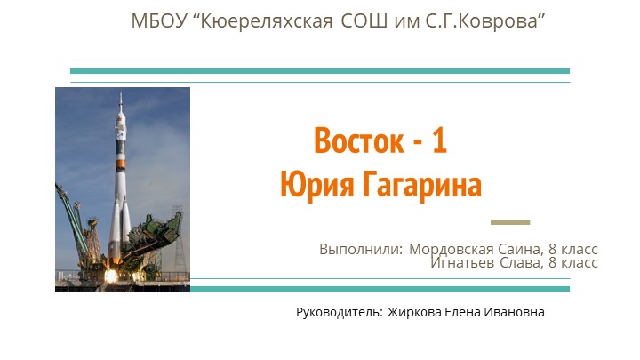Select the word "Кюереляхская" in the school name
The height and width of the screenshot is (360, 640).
coord(258,20)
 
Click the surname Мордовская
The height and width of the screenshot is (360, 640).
coord(449,249)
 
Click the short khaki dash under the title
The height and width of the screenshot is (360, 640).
coord(510,221)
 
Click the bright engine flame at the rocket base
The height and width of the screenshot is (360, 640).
coord(111,275)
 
